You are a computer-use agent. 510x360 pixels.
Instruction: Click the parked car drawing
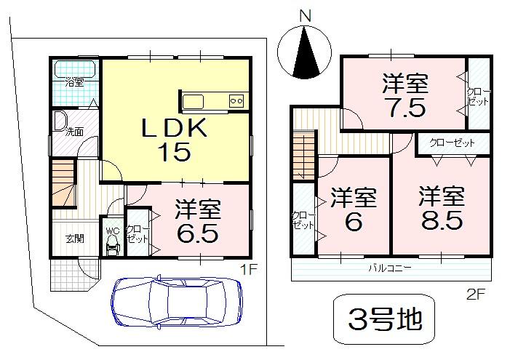(177, 298)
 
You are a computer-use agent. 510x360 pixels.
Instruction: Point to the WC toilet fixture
(112, 245)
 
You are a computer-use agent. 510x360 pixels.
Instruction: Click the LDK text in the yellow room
(175, 129)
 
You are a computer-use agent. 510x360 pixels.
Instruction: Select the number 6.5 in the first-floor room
(196, 234)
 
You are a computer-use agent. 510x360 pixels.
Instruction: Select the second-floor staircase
(301, 155)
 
